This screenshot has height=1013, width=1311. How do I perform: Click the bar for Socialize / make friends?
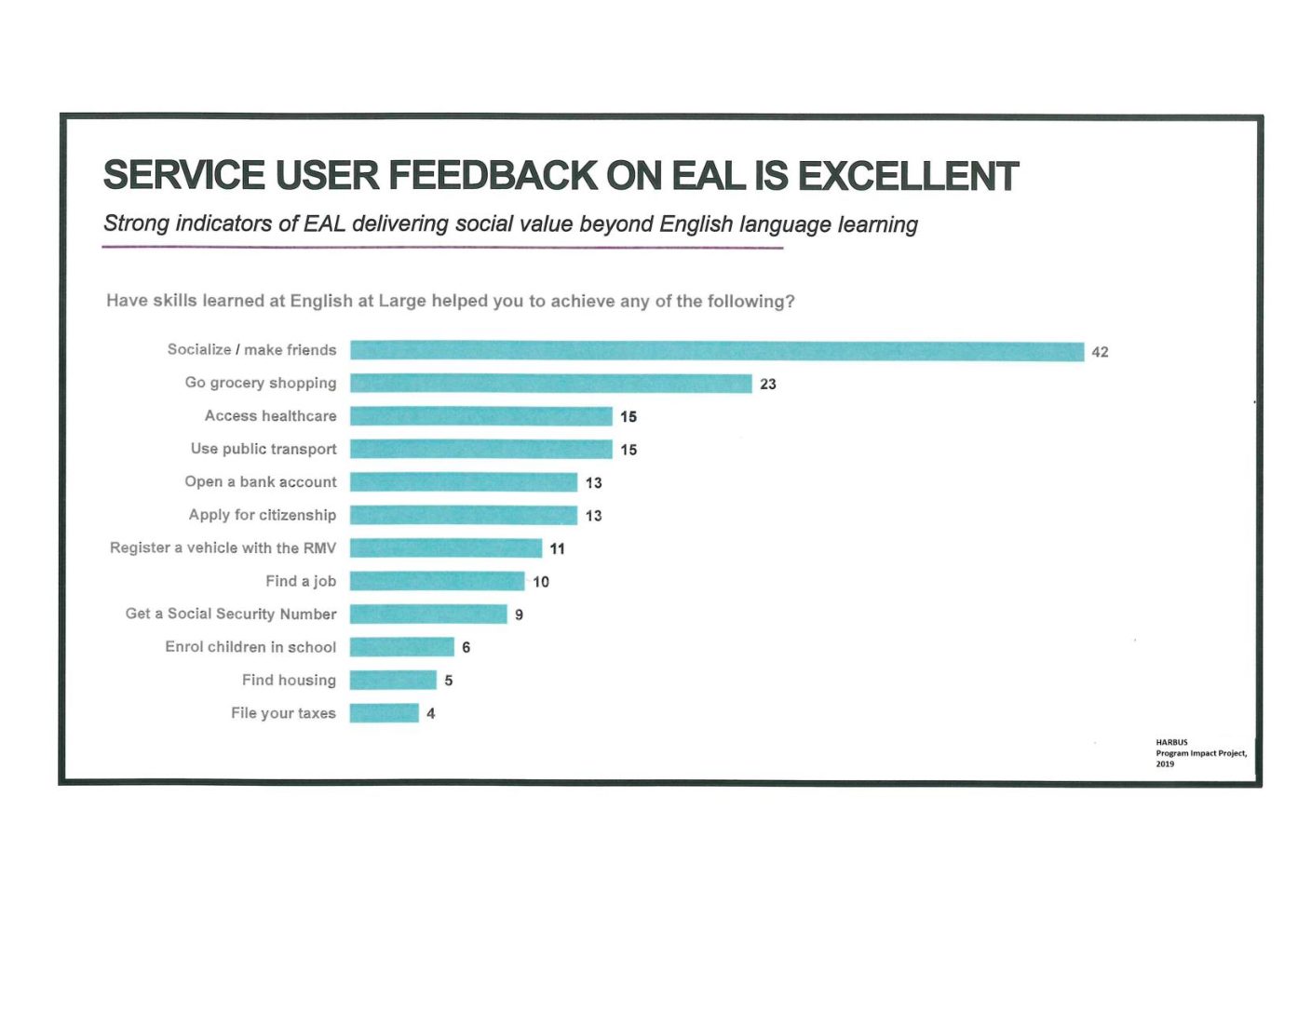coord(717,351)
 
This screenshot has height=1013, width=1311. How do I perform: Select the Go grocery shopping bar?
coord(550,384)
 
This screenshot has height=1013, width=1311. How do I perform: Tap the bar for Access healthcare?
coord(480,416)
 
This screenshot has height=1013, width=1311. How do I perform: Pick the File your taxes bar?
coord(384,713)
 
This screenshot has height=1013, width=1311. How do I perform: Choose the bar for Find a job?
coord(437,581)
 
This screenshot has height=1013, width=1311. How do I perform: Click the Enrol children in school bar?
coord(401,647)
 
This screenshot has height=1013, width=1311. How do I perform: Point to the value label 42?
coord(1100,352)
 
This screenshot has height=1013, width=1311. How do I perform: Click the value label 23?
coord(768,384)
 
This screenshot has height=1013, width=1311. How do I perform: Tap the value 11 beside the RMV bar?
coord(557,548)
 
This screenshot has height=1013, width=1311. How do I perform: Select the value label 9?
coord(519,615)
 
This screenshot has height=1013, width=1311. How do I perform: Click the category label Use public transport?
coord(264,449)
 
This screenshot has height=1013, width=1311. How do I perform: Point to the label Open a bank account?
coord(261,481)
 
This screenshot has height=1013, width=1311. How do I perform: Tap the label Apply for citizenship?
coord(263,515)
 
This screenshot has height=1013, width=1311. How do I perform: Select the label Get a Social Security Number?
coord(231,614)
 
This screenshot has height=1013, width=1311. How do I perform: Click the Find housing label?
coord(289,680)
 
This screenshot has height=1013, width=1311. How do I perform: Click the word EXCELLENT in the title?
coord(908,176)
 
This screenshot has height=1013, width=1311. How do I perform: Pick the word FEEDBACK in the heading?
coord(492,176)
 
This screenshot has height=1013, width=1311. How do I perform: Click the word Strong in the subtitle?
coord(136,223)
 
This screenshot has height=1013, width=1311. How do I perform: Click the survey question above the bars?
coord(451,301)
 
